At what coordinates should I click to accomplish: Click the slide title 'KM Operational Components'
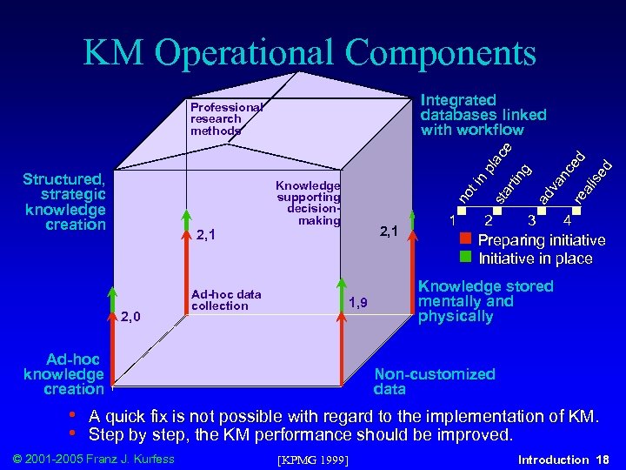pos(310,53)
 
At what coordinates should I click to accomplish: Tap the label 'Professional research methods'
pos(225,119)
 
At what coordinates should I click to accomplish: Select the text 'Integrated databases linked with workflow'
pos(483,115)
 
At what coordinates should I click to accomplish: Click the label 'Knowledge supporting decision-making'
pos(308,203)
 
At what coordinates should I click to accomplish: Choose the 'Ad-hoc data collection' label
pos(225,300)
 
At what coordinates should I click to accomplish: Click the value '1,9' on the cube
pos(358,302)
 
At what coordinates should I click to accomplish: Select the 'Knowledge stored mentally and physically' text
pos(485,301)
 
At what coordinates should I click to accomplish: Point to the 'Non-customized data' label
pos(434,381)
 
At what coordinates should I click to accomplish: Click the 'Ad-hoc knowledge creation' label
pos(63,374)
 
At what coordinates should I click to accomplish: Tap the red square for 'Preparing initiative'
pos(465,239)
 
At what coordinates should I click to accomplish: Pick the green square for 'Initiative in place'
pos(465,257)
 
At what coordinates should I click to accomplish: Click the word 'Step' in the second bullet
pos(106,434)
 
